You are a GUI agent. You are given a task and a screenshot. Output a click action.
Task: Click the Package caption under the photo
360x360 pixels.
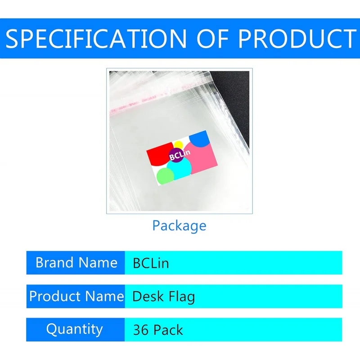pyautogui.click(x=179, y=225)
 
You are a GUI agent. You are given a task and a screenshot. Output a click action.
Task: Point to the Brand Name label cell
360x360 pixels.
pyautogui.click(x=76, y=263)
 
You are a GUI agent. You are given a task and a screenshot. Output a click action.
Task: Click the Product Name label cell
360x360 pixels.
pyautogui.click(x=76, y=296)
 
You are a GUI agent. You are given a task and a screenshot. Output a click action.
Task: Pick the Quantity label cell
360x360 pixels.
pyautogui.click(x=74, y=329)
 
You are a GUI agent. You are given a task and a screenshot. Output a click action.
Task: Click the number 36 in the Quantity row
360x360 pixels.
pyautogui.click(x=140, y=330)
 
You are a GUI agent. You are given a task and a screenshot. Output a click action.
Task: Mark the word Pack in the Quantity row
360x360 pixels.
pyautogui.click(x=168, y=330)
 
